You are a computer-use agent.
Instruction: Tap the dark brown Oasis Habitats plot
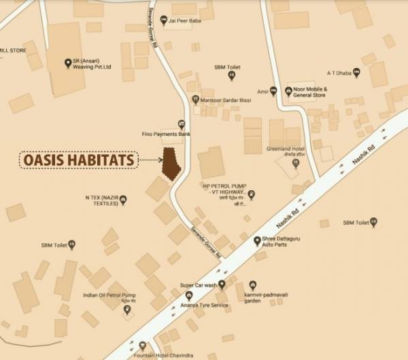170,162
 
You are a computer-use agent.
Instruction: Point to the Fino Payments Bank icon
181,124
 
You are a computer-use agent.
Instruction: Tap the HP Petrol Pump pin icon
251,196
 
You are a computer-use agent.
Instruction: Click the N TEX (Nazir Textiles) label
101,202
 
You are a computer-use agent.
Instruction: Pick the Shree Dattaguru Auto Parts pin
256,240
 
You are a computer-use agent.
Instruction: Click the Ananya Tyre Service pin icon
180,295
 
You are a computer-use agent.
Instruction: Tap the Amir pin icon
273,90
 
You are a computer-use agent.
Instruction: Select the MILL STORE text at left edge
13,50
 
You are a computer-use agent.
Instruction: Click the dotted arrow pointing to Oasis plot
149,161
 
